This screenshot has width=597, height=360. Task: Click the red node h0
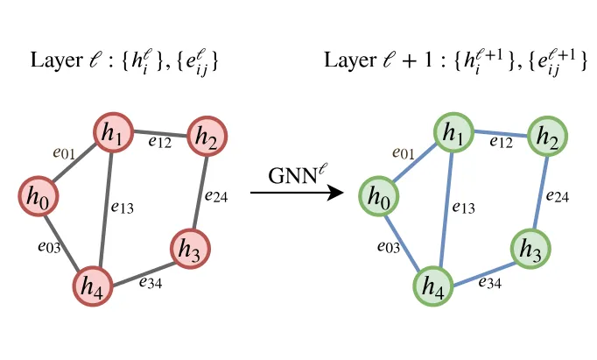(39, 196)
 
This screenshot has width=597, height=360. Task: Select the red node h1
(114, 132)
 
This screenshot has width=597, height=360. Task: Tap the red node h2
(207, 137)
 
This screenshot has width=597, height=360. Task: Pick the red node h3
(190, 249)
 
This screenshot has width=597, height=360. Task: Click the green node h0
(379, 196)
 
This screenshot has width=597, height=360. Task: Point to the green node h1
(453, 132)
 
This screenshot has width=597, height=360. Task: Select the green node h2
(547, 137)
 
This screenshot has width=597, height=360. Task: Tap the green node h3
(530, 249)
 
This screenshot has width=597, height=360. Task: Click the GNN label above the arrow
(296, 175)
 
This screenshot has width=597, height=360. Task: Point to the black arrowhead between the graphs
(336, 193)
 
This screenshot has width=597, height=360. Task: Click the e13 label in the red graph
(123, 208)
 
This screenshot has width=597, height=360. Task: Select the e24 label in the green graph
(558, 196)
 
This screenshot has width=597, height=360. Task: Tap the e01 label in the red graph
(64, 153)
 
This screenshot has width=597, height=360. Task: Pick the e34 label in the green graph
(490, 282)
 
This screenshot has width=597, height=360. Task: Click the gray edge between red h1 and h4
(105, 209)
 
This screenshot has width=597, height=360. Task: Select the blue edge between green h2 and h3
(541, 194)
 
